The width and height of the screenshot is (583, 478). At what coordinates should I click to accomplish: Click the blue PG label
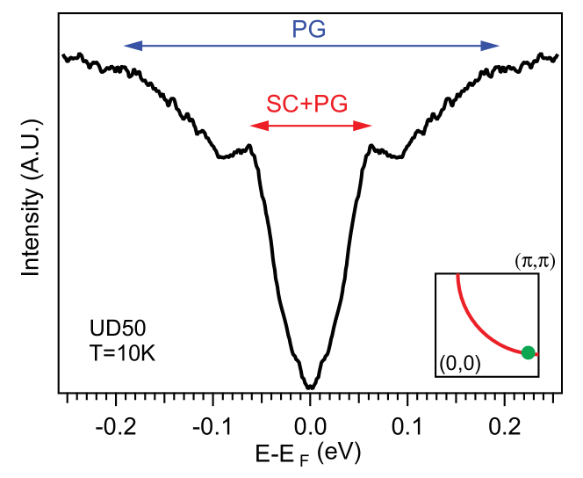point(309,30)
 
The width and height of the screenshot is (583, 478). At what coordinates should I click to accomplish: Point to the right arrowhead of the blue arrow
point(493,45)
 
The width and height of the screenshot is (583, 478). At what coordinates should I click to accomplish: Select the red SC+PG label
point(307,104)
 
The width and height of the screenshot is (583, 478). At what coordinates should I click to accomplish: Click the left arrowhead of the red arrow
point(256,127)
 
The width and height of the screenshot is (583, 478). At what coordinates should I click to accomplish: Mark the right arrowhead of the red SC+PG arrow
point(366,127)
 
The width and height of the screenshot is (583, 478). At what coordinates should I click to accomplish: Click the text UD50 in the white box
point(119,329)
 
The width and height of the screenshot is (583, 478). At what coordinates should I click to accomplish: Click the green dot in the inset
point(528,352)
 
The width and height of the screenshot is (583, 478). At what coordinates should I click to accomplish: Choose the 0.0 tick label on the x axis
point(310,429)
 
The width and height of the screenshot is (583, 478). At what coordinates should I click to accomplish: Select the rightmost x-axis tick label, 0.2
point(503,429)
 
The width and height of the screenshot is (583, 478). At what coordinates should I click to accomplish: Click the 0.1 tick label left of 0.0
point(213,429)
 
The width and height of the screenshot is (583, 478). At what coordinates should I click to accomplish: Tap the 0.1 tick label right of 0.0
point(407,429)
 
